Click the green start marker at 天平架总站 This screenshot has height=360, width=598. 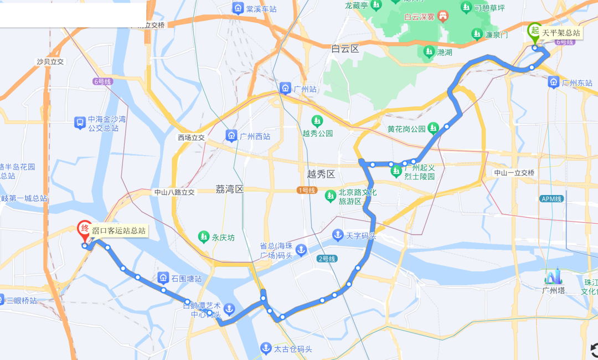tap(534, 30)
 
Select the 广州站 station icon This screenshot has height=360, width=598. tap(285, 88)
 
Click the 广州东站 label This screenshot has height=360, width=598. tap(577, 83)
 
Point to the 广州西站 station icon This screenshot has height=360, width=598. tap(231, 135)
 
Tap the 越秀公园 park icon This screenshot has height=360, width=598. tap(317, 120)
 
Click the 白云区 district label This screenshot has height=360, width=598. tap(346, 49)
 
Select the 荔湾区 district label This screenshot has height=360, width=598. tap(229, 189)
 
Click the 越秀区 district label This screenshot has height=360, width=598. tap(321, 174)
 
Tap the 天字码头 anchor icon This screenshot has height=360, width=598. tap(337, 235)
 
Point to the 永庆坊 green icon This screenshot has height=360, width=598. tap(204, 238)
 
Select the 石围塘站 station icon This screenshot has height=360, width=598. tap(163, 278)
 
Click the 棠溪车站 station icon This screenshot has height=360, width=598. tap(238, 8)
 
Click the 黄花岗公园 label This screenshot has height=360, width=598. tap(406, 129)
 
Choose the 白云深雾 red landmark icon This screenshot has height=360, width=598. tap(443, 17)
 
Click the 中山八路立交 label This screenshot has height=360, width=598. tap(174, 192)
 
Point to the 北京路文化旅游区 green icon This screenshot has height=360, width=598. tap(331, 196)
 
